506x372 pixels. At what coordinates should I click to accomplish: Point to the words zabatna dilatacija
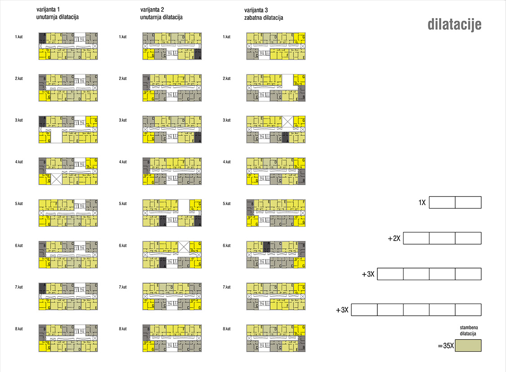point(264,18)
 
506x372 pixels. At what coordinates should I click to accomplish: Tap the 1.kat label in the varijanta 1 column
point(19,36)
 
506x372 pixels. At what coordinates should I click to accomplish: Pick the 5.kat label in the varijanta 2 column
point(123,204)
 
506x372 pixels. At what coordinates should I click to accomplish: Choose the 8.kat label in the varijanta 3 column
point(227,329)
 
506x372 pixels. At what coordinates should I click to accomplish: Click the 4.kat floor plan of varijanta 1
point(68,171)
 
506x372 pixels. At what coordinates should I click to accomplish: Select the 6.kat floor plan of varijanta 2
point(172,255)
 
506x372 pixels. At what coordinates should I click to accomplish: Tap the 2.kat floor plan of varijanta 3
point(276,88)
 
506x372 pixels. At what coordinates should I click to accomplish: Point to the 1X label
point(422,203)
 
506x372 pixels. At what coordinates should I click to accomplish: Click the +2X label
point(394,238)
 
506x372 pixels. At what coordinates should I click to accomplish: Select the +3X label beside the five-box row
point(342,310)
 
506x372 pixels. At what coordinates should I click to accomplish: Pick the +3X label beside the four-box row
point(368,274)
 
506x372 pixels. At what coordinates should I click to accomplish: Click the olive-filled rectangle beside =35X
point(468,345)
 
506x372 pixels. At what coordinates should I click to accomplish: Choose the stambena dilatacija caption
point(468,331)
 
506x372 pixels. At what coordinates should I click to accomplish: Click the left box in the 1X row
point(442,202)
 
